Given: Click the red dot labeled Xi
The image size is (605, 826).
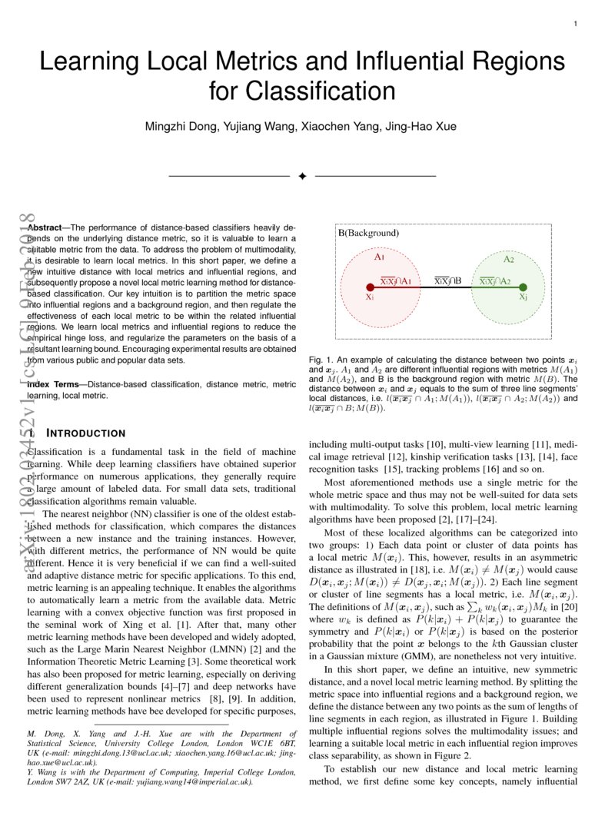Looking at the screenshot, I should (x=370, y=287).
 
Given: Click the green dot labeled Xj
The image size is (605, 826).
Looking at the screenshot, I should (x=523, y=287).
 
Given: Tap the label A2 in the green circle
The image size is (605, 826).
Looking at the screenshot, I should (x=508, y=260).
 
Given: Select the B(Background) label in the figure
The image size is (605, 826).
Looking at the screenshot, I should (x=368, y=233).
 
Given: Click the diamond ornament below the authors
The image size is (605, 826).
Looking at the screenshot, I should (x=302, y=177).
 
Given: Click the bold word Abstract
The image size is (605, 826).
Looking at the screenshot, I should (x=44, y=228).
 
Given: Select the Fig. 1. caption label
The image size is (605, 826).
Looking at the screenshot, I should (x=320, y=360).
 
